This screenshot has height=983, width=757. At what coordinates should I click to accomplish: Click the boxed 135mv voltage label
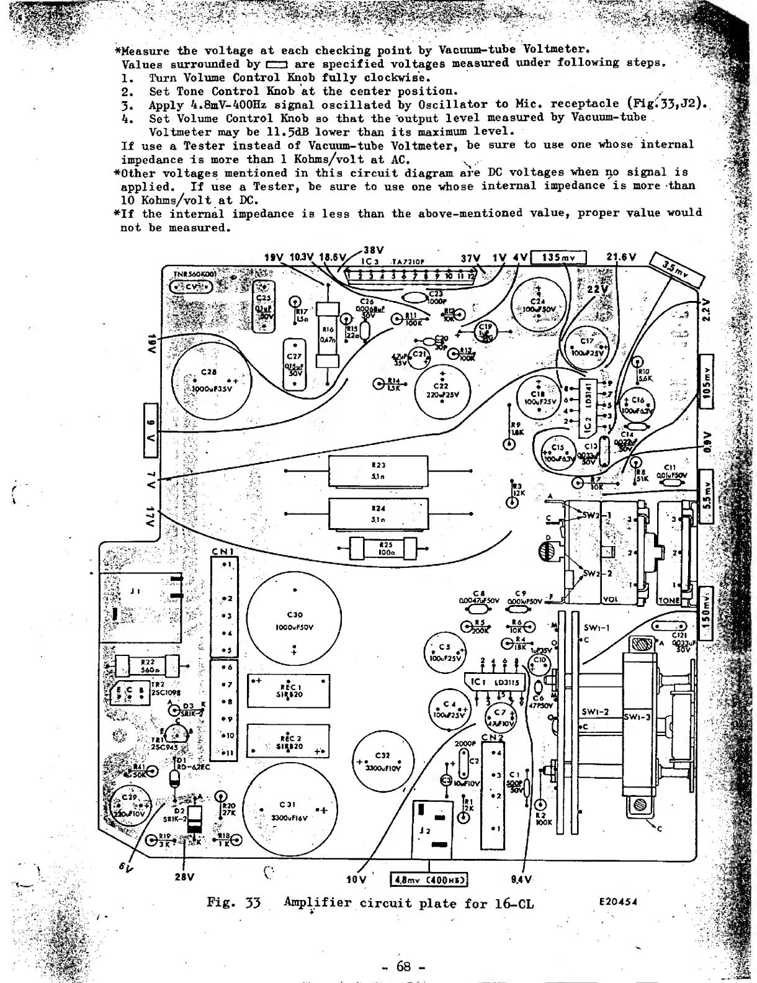558,257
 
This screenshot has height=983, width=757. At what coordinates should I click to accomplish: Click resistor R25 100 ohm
383,548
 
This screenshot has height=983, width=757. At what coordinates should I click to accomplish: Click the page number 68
403,966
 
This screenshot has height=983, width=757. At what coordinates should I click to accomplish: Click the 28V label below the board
184,878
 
